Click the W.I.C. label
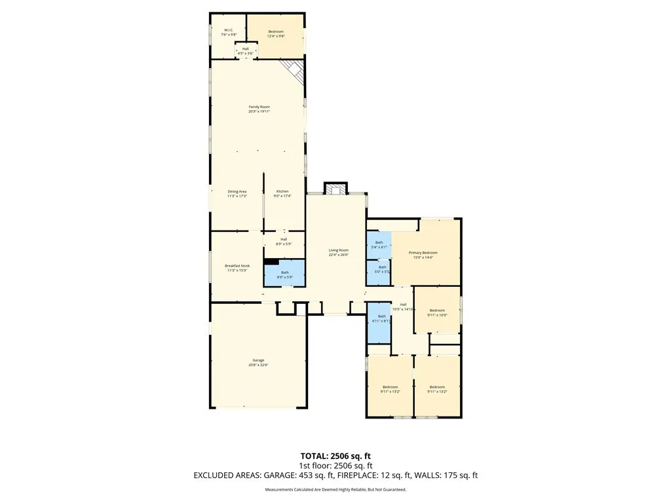pos(229,32)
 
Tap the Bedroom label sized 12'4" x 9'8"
pos(275,33)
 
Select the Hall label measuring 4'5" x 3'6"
pos(246,50)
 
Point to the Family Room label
pos(259,109)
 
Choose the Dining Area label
pos(237,193)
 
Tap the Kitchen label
pos(282,193)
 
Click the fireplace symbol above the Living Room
pos(335,189)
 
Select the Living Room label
pos(338,252)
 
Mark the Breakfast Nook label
pos(237,268)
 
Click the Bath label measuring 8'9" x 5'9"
pos(284,274)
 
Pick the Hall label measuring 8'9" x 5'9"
pos(284,241)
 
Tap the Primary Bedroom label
pos(423,255)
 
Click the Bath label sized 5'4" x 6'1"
pos(379,244)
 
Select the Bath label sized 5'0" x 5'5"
pos(381,269)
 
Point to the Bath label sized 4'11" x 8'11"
pos(381,318)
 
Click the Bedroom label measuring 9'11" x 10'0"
pos(436,312)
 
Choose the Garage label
pos(258,362)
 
